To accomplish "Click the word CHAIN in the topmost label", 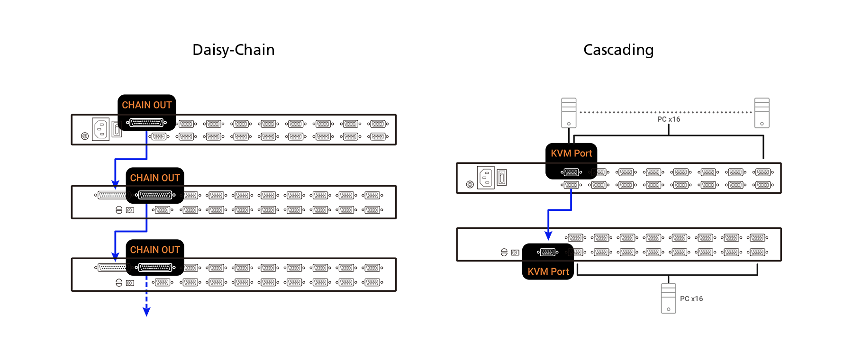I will [136, 105].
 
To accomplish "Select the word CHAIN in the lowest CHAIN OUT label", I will [144, 250].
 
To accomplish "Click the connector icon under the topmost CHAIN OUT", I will [146, 123].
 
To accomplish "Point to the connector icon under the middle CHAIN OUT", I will [155, 195].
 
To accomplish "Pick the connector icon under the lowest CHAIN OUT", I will [155, 268].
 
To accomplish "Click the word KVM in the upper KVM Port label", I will [561, 153].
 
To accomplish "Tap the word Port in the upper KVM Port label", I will [583, 153].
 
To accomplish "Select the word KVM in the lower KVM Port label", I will [537, 272].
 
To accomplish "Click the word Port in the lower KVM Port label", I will [560, 272].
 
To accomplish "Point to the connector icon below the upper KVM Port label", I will [571, 172].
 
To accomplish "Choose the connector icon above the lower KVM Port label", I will [547, 252].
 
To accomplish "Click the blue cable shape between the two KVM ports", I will [559, 211].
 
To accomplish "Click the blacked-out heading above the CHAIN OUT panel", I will [234, 50].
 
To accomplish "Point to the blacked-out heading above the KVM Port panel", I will [618, 51].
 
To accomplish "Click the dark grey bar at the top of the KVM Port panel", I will [663, 112].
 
